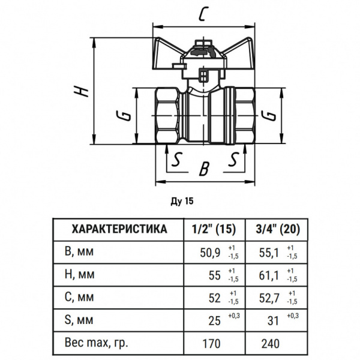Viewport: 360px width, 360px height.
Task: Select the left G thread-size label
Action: click(124, 115)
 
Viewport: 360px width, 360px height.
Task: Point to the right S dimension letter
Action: click(233, 160)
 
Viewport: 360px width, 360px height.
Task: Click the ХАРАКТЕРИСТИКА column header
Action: click(119, 229)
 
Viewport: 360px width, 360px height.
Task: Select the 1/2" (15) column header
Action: click(214, 229)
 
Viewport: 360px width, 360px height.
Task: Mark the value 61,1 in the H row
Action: click(268, 275)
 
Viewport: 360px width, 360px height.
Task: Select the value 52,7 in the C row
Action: click(268, 298)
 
